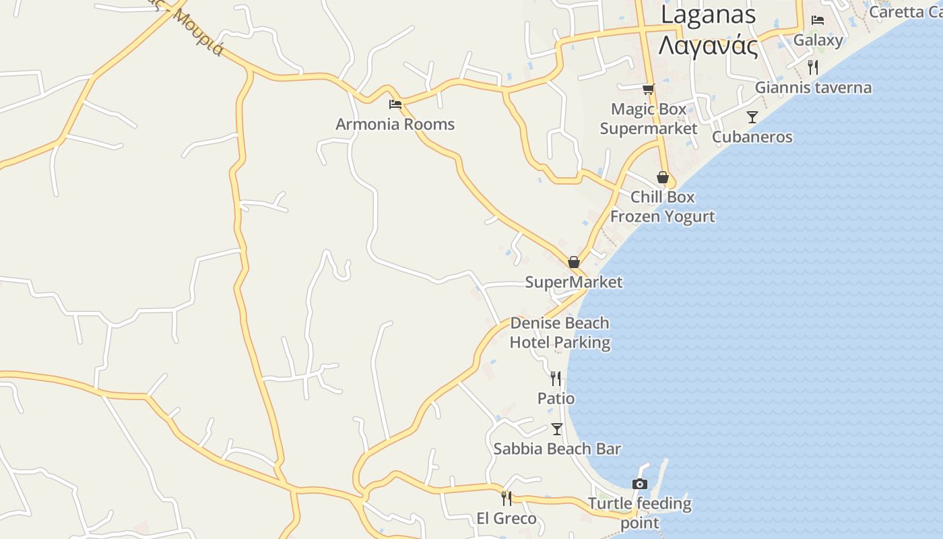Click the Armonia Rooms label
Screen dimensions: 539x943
pos(395,125)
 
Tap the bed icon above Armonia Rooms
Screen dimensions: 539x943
pos(395,104)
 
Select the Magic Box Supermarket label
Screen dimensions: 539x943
pos(649,119)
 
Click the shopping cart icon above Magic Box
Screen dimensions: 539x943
pos(649,89)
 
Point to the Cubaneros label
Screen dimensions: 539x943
pos(752,137)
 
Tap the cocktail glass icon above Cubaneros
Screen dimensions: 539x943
pos(752,117)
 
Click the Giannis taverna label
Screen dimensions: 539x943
pos(813,88)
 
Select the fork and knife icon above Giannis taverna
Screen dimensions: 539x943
pos(813,67)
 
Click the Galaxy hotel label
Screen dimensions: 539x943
pos(818,40)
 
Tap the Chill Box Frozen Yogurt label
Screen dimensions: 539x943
pos(663,207)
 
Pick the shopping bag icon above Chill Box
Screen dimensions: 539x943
pos(663,178)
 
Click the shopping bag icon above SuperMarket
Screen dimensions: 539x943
pos(574,262)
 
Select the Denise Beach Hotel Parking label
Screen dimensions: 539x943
pos(560,333)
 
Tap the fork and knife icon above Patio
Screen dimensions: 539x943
pos(556,379)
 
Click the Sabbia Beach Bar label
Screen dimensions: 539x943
pos(557,449)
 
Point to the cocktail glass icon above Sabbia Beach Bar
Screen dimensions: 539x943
pos(557,429)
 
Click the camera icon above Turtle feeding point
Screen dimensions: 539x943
pos(640,484)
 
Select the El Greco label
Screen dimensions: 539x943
pos(507,519)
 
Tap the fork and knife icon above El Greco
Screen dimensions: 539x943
pos(507,499)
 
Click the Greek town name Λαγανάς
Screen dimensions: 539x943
pos(708,46)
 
